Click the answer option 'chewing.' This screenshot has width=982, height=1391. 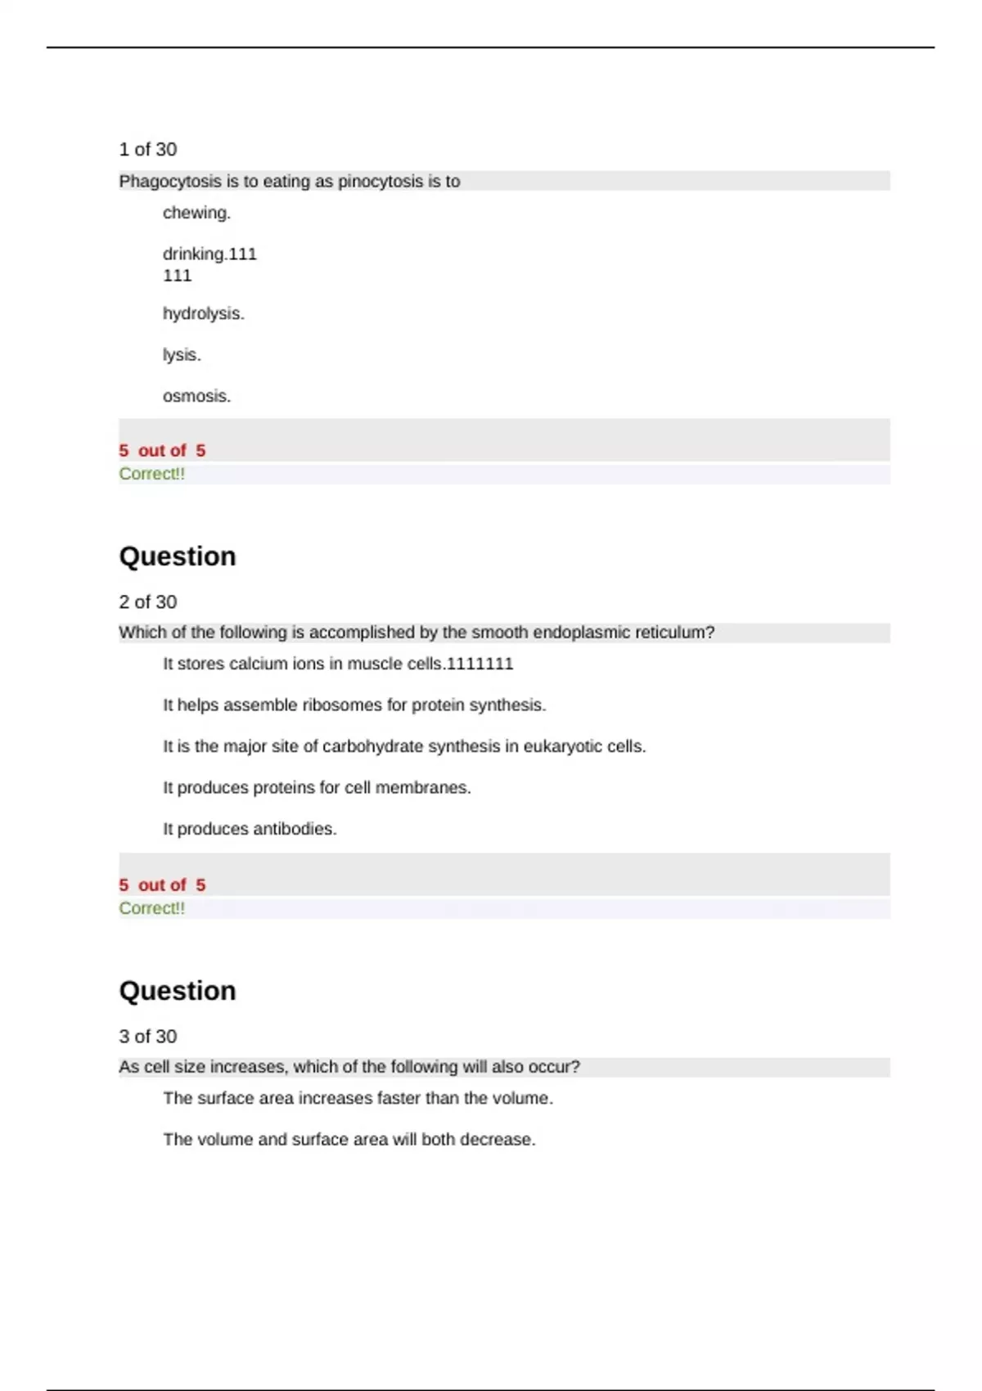pyautogui.click(x=196, y=213)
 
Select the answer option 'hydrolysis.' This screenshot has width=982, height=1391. pyautogui.click(x=203, y=313)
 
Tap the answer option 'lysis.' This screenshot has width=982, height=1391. pyautogui.click(x=181, y=355)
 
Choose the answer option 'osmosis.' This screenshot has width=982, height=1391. pyautogui.click(x=196, y=396)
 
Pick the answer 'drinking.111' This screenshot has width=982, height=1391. pyautogui.click(x=209, y=254)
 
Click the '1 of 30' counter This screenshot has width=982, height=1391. pyautogui.click(x=147, y=150)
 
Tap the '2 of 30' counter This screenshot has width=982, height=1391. pyautogui.click(x=147, y=602)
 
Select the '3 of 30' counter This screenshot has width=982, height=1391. pyautogui.click(x=147, y=1037)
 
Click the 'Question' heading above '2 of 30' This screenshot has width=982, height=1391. pyautogui.click(x=178, y=556)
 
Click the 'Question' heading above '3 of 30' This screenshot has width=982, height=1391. pyautogui.click(x=178, y=991)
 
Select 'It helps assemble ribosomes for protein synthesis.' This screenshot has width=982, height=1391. pyautogui.click(x=354, y=705)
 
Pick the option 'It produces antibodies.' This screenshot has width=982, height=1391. pyautogui.click(x=250, y=829)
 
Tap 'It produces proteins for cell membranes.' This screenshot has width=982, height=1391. pyautogui.click(x=317, y=788)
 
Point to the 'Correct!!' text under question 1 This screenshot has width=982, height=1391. pyautogui.click(x=151, y=474)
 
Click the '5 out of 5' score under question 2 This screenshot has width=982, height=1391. pyautogui.click(x=162, y=885)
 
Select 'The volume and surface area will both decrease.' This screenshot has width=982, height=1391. pyautogui.click(x=349, y=1140)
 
